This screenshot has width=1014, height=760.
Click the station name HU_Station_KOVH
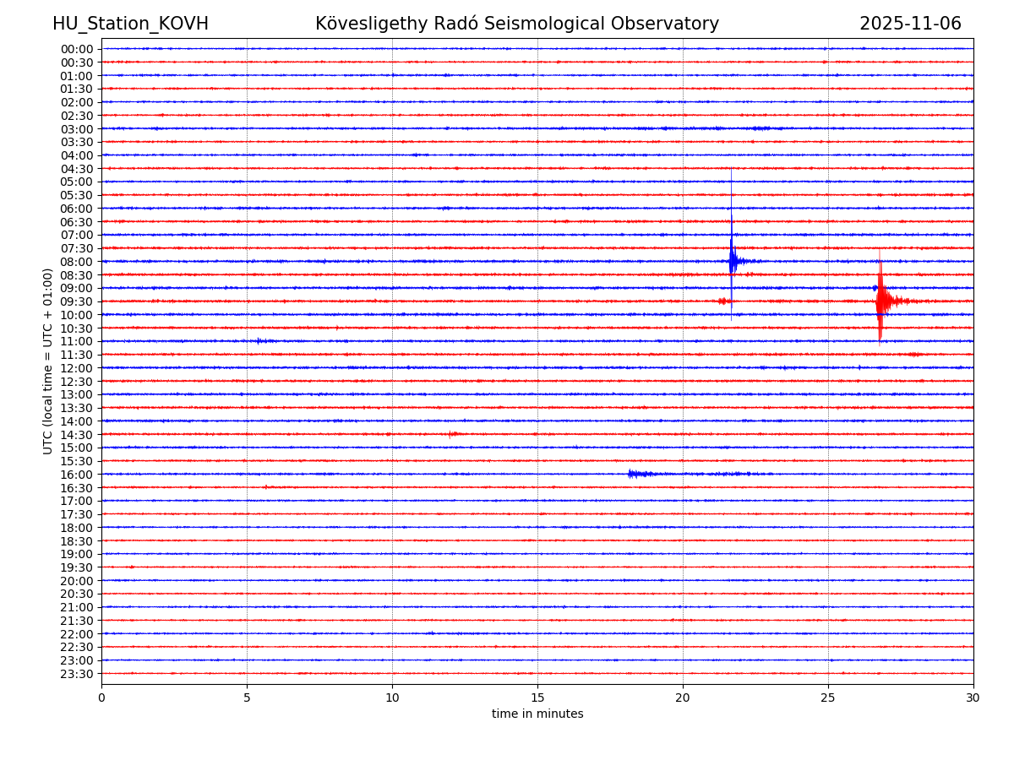point(130,24)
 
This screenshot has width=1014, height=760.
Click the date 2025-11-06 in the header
point(910,24)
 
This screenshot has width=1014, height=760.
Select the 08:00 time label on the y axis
point(76,262)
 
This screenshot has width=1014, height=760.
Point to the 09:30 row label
point(76,301)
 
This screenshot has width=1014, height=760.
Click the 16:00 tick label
point(76,475)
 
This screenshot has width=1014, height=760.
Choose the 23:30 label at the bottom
point(76,674)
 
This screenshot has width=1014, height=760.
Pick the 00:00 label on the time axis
point(76,49)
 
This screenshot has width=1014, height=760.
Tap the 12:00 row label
point(76,368)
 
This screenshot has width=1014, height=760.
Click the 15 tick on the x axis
point(537,698)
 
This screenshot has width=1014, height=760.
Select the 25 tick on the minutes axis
point(828,698)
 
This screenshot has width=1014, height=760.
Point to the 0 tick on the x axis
point(101,698)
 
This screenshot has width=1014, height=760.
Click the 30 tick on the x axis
point(973,698)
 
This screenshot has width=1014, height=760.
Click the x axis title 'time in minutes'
point(537,714)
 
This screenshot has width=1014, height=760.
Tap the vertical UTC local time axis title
point(48,361)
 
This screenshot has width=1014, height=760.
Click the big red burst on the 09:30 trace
point(880,301)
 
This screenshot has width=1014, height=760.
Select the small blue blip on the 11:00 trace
point(260,341)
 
